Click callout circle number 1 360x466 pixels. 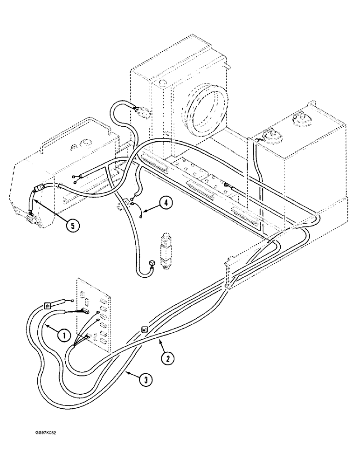(64, 334)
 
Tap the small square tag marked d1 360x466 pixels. (47, 306)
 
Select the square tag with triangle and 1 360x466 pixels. (145, 329)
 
